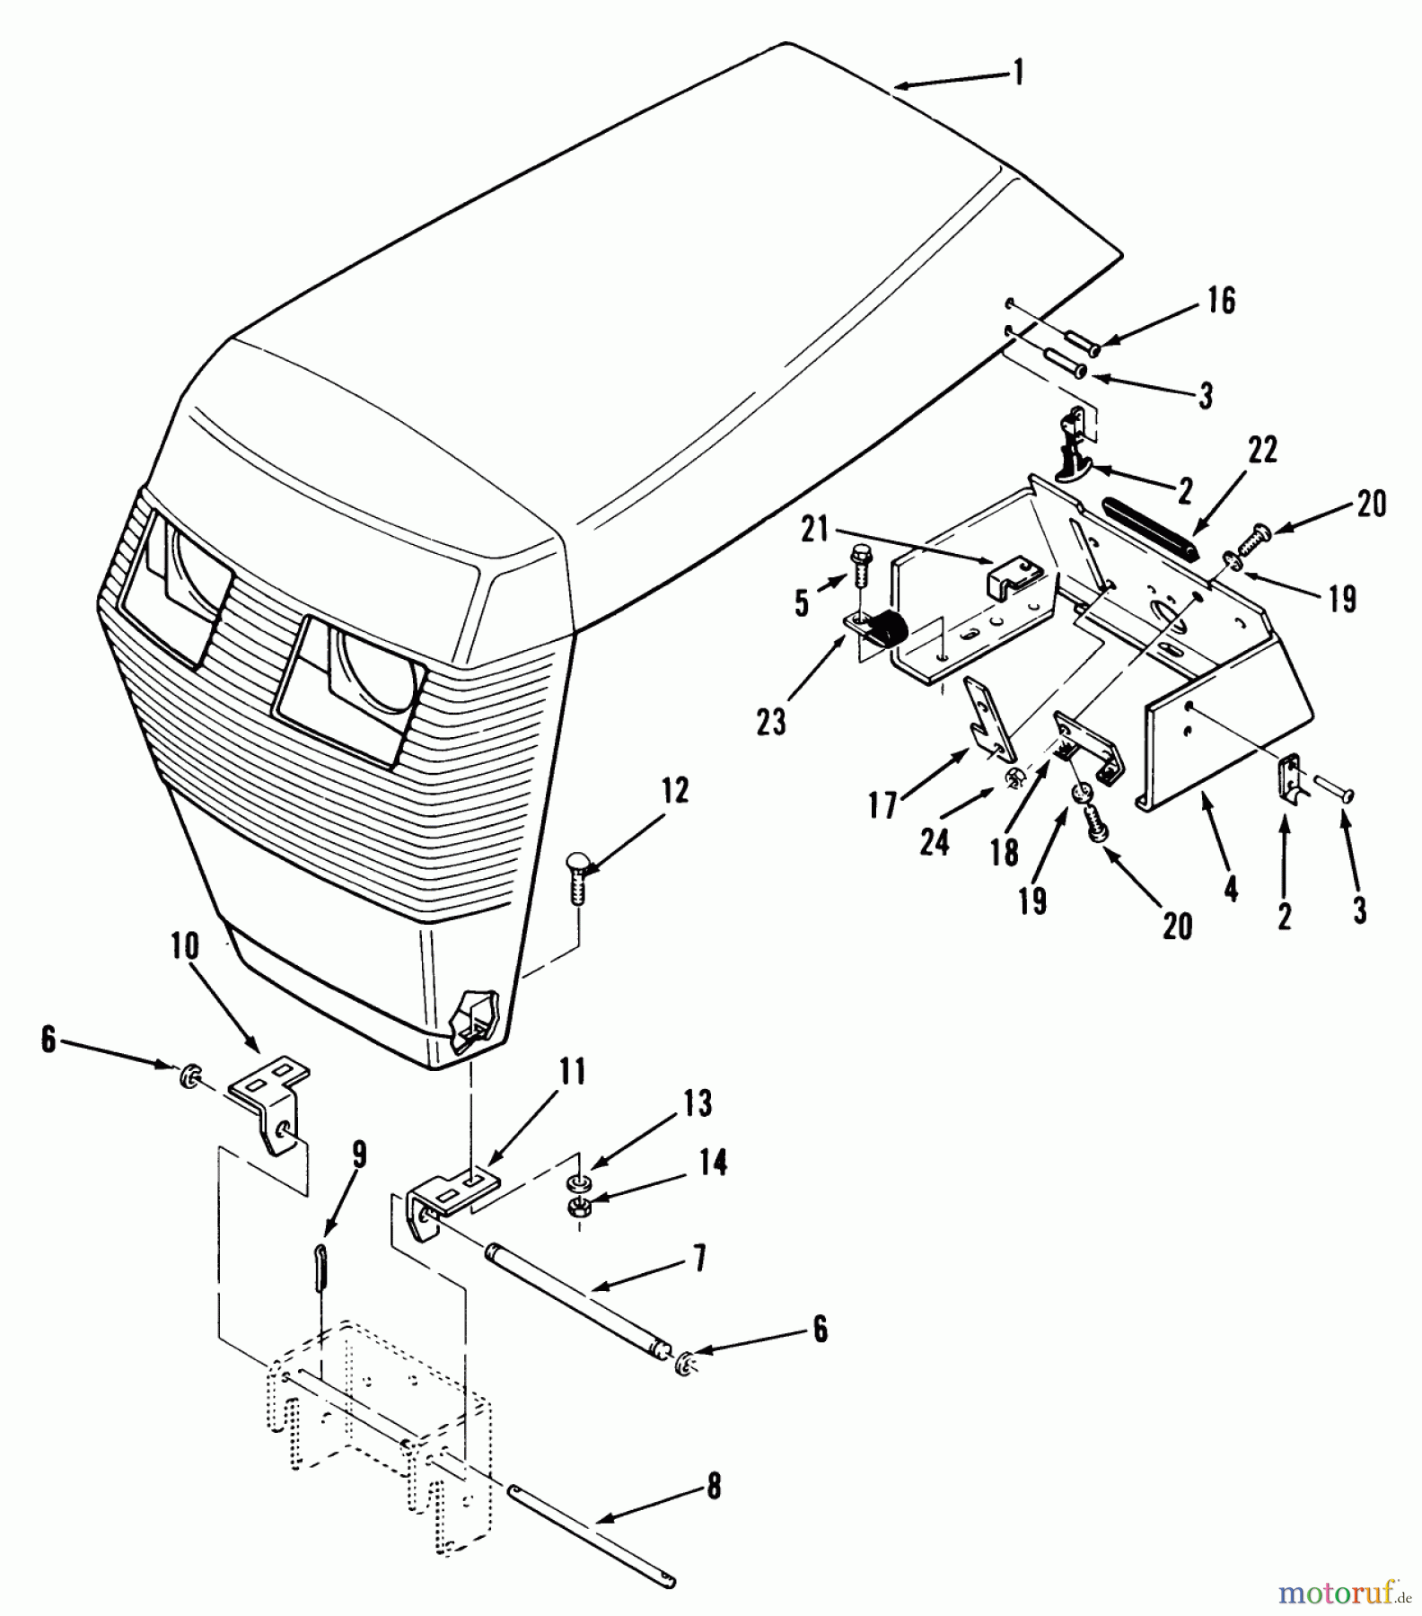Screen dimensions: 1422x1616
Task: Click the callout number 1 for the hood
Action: click(1018, 72)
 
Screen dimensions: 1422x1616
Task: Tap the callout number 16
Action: click(1221, 301)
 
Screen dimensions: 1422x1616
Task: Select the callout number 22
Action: click(1262, 450)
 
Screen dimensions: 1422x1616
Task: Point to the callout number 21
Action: click(814, 531)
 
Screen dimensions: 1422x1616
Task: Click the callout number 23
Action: click(771, 721)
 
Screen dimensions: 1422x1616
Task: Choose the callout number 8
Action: click(714, 1486)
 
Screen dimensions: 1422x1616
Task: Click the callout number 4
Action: click(1231, 888)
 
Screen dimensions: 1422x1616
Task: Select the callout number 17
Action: click(883, 804)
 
